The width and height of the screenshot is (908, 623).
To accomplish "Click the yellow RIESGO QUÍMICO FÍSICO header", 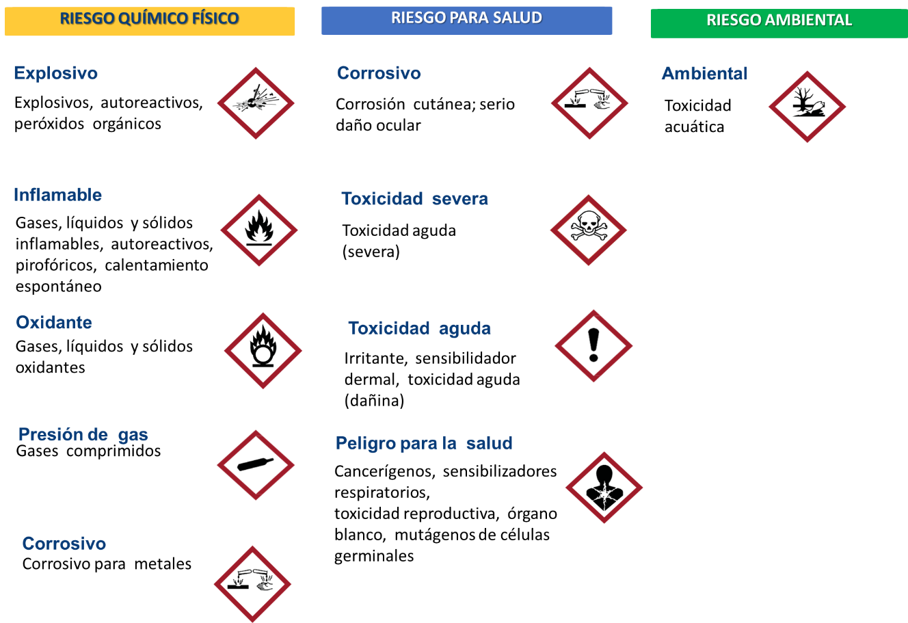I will [150, 21].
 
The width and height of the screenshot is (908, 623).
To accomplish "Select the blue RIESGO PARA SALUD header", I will [466, 20].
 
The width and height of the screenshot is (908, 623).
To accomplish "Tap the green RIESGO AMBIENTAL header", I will [779, 23].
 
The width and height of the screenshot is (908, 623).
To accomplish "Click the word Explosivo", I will [55, 73].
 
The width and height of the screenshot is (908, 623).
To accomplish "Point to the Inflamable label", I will [57, 195].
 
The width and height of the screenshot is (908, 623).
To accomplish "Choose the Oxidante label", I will [54, 323].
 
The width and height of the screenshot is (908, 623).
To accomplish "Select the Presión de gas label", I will [83, 435].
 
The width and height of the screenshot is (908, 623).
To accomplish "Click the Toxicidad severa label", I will [414, 199].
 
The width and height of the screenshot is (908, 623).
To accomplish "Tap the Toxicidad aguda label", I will [419, 329].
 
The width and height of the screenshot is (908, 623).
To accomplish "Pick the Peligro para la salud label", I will [424, 444].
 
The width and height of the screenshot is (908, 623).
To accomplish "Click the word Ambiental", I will [704, 74].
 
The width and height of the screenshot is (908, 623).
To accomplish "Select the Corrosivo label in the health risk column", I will [379, 73].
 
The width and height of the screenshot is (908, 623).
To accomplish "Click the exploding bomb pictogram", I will [256, 103].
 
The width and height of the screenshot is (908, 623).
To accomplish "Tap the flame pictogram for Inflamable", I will [259, 230].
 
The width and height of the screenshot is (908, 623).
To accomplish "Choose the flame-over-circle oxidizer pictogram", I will [263, 351].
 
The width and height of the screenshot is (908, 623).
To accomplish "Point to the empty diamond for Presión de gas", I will [256, 465].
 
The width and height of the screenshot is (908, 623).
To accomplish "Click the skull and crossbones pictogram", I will [588, 230].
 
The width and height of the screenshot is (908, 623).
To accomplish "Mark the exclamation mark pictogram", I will [593, 346].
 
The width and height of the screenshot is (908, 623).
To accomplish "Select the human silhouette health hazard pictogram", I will [604, 488].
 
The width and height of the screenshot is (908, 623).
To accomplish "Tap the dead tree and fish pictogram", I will [807, 107].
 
